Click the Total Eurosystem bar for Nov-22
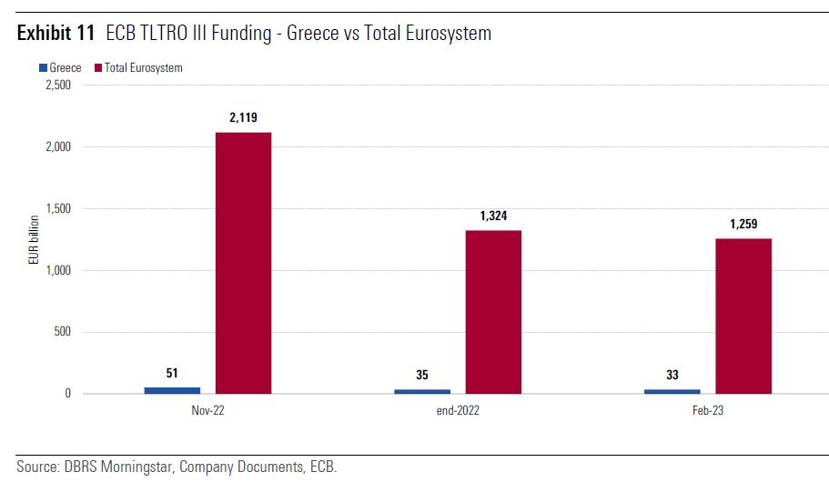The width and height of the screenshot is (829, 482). [243, 263]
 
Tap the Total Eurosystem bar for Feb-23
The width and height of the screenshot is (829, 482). [743, 316]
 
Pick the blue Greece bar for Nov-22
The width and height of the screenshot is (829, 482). [172, 390]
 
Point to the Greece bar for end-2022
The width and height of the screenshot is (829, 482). [422, 391]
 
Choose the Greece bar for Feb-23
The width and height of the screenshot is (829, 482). [672, 391]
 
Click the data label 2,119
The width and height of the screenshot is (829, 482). [243, 118]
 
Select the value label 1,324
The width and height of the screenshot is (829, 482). [493, 216]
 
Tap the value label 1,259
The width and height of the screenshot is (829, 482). [743, 225]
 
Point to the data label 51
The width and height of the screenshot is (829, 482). [172, 373]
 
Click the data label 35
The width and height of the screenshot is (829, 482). [422, 375]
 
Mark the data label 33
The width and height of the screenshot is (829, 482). [672, 375]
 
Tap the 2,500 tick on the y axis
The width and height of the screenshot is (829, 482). [57, 85]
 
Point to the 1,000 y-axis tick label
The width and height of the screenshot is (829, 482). [57, 271]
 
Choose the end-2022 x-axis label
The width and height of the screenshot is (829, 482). [458, 411]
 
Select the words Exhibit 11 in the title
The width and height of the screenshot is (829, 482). [56, 35]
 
